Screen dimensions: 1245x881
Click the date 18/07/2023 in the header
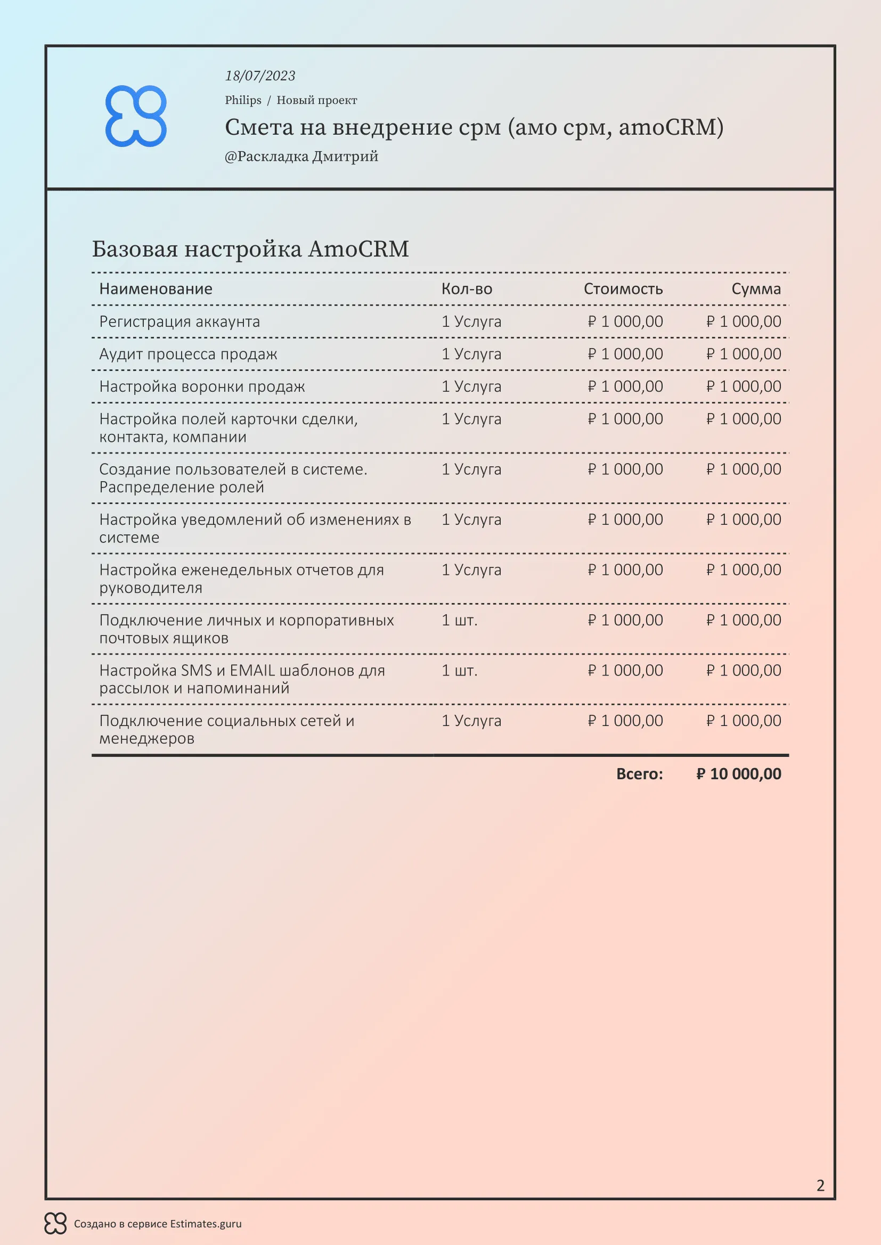coord(260,76)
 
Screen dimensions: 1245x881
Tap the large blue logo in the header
coord(136,116)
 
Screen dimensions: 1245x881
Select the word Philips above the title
coord(243,100)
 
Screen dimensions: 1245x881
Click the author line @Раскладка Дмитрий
coord(301,156)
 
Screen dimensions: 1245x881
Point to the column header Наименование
coord(156,289)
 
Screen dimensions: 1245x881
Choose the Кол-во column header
coord(467,289)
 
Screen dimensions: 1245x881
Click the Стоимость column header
coord(623,289)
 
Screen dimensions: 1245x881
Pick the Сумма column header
coord(756,289)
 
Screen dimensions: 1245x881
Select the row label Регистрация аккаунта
coord(180,321)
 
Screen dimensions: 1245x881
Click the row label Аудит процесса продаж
coord(187,354)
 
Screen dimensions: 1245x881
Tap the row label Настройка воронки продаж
coord(202,386)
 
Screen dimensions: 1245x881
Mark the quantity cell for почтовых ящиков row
coord(460,620)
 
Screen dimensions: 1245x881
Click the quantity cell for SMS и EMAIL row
coord(460,671)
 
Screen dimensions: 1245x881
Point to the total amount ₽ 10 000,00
coord(738,774)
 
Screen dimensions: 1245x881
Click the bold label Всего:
coord(639,774)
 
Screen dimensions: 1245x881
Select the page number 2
coord(820,1185)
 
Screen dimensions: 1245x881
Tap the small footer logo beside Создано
coord(55,1224)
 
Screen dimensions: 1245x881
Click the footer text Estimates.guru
coord(206,1224)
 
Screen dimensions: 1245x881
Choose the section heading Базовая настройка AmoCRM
coord(250,250)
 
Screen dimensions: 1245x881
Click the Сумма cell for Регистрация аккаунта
coord(743,321)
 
